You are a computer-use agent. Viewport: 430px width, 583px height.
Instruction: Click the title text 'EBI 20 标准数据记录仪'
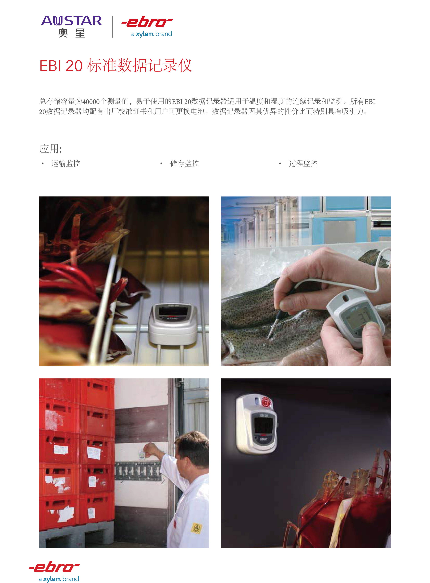click(116, 65)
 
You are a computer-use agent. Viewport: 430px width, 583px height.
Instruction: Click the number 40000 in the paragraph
click(91, 102)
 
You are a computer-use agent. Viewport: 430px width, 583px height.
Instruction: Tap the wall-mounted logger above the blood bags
click(257, 424)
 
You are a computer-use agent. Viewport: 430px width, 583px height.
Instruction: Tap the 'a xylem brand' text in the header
click(151, 34)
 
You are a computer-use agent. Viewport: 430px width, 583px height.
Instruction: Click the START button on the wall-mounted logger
click(263, 439)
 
